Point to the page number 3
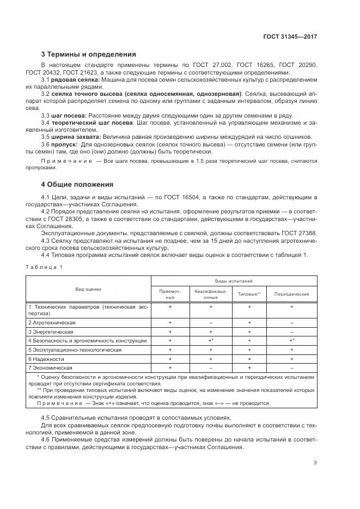coord(315,463)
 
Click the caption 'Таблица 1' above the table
coord(44,266)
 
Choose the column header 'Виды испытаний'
coord(233,281)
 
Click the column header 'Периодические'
coord(292,294)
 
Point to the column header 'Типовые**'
coord(249,294)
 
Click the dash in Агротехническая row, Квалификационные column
coord(210,323)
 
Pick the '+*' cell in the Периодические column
coord(292,340)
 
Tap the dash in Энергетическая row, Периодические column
coord(292,332)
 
